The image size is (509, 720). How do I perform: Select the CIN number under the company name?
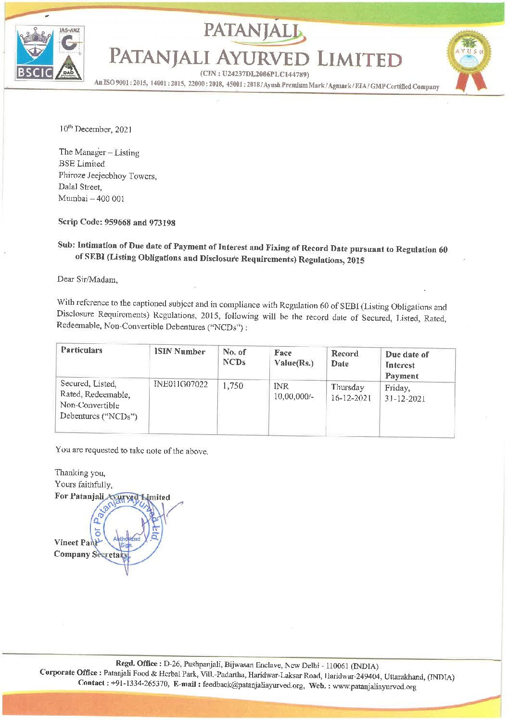[254, 75]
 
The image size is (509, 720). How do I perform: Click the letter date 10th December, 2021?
[96, 129]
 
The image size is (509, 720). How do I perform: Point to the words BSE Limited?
[81, 164]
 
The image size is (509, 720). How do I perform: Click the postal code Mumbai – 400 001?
[91, 198]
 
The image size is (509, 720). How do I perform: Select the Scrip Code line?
[116, 222]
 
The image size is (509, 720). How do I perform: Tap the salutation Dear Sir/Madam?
[87, 279]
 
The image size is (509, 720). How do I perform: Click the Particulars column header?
[81, 350]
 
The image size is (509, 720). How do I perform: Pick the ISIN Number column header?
[179, 352]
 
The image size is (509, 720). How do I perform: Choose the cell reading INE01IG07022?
[180, 384]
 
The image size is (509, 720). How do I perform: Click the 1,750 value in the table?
[233, 386]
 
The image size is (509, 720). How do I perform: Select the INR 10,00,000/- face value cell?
[293, 391]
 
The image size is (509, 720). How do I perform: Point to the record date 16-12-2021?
[351, 398]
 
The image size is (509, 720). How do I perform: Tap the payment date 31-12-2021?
[405, 399]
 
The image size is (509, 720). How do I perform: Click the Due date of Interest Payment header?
[407, 365]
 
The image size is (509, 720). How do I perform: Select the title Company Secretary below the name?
[91, 554]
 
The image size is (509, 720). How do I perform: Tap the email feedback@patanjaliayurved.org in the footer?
[253, 685]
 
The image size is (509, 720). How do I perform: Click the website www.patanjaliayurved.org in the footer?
[374, 686]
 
